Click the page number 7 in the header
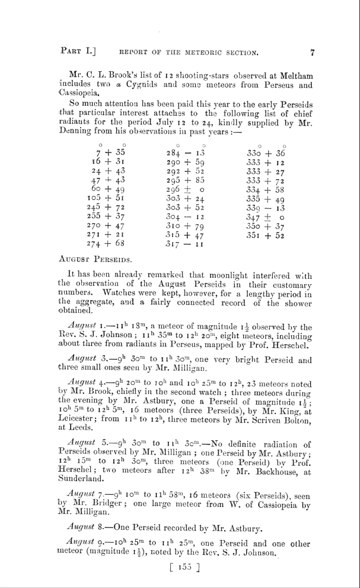pos(313,52)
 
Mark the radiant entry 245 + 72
pos(107,208)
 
